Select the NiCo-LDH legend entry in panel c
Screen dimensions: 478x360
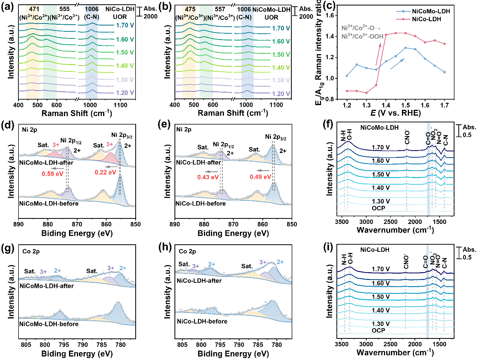[x=418, y=19]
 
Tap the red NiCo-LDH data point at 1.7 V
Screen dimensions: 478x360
[x=444, y=44]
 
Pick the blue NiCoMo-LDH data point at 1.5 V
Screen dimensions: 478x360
[x=405, y=48]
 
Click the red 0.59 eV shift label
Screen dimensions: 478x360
[x=53, y=174]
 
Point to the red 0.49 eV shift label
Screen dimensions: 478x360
[x=260, y=177]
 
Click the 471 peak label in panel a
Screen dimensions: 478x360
[x=34, y=9]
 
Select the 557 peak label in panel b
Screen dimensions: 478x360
[x=220, y=9]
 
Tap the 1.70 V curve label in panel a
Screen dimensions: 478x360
[x=125, y=25]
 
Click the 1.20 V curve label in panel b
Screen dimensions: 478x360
[x=281, y=94]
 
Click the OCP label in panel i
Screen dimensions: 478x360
[x=378, y=330]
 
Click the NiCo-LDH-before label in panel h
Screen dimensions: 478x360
[x=202, y=321]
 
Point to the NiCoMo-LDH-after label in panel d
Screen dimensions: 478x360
[x=46, y=162]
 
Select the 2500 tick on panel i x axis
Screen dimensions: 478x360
[x=391, y=345]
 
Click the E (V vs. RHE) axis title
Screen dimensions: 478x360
[x=396, y=113]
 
